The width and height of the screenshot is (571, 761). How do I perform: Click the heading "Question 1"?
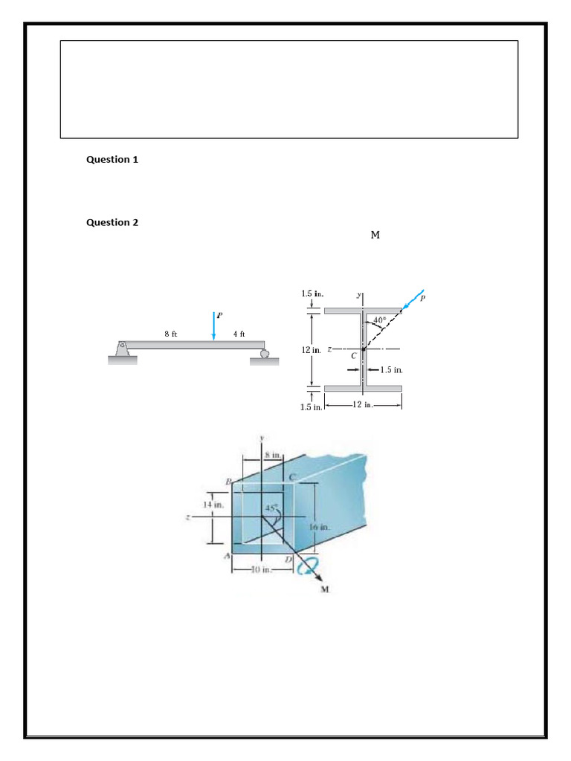(112, 160)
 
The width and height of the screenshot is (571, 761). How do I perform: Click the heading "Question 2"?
(112, 222)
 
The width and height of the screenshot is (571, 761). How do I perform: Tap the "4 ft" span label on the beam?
(239, 334)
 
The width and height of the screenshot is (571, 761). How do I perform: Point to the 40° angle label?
(379, 320)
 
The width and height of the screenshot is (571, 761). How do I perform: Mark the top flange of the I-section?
(363, 310)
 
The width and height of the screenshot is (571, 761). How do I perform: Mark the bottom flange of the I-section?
(363, 388)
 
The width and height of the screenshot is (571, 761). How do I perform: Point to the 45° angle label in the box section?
(271, 508)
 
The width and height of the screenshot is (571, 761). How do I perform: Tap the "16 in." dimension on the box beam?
(319, 526)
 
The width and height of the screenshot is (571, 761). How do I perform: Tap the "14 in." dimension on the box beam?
(218, 505)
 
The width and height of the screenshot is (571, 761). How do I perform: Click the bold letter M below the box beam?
(325, 591)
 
